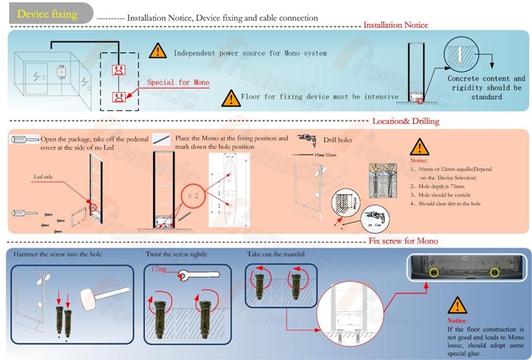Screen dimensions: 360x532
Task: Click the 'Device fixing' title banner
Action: click(x=47, y=14)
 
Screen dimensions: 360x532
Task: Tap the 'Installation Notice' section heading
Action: click(x=395, y=25)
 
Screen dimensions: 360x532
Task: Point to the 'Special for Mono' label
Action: click(x=178, y=83)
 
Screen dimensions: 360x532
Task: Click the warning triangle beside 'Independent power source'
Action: click(x=158, y=50)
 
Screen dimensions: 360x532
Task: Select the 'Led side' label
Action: click(x=43, y=177)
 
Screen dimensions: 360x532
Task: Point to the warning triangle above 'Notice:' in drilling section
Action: click(x=419, y=147)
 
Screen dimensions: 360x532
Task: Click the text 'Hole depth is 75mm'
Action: click(x=442, y=187)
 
